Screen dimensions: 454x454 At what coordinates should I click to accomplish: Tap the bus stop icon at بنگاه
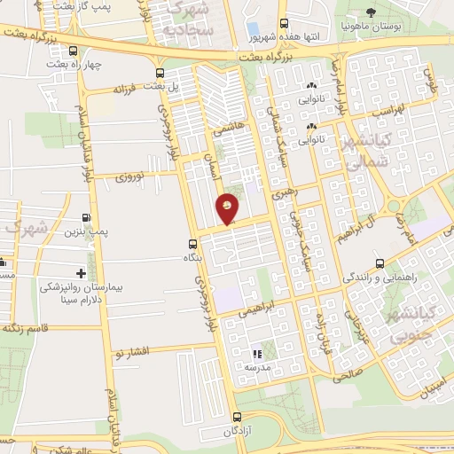pos(192,244)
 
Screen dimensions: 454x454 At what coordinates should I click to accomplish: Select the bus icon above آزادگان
pos(236,418)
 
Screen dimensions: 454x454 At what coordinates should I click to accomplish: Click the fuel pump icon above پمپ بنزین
pos(85,217)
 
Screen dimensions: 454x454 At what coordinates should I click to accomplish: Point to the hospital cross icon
pos(81,273)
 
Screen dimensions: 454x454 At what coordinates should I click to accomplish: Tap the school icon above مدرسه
pos(257,354)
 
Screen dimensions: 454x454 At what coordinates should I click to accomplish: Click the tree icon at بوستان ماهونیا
pos(372,12)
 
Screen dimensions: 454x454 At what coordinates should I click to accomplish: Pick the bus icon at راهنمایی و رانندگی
pos(380,263)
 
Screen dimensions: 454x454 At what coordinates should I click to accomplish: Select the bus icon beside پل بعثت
pos(160,74)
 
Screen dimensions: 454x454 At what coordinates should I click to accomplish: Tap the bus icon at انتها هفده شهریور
pos(283,24)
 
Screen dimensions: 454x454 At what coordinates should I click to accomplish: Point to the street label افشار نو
pos(129,350)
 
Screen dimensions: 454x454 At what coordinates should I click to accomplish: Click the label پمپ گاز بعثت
pos(84,6)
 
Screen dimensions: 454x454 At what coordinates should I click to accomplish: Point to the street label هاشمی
pos(227,129)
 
